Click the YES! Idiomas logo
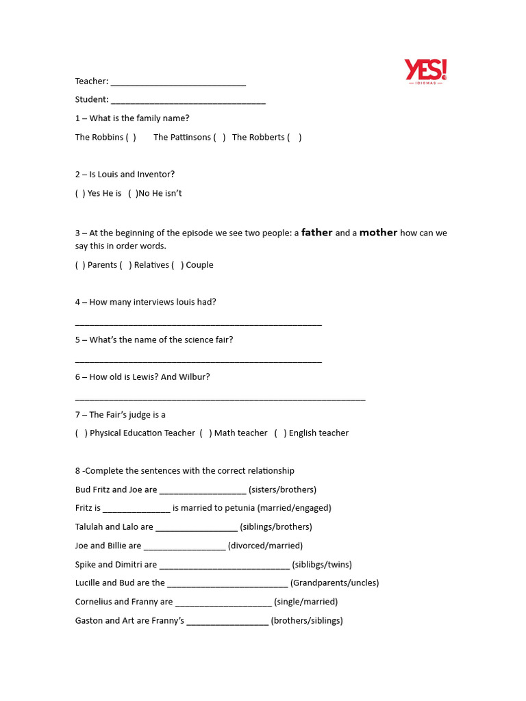(425, 71)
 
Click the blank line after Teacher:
(178, 83)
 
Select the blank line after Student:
(188, 101)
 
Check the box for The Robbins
(131, 138)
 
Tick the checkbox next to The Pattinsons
(219, 138)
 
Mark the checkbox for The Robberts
(294, 138)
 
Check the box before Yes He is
(80, 194)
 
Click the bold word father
(316, 233)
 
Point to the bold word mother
(378, 233)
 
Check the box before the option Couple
(177, 266)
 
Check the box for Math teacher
(205, 433)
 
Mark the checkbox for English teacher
(280, 433)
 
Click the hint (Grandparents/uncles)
(334, 583)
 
